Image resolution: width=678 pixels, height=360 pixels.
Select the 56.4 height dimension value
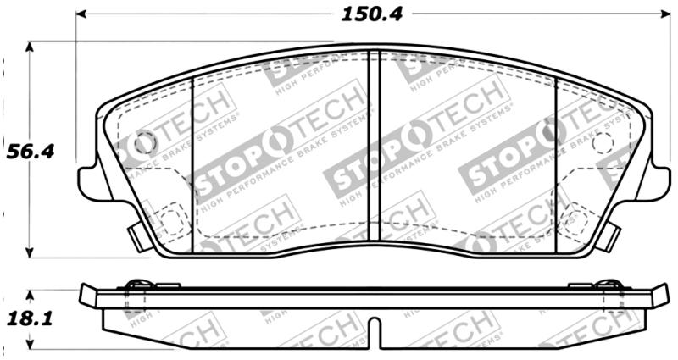pos(31,152)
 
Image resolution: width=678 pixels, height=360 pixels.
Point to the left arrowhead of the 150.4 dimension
pos(81,14)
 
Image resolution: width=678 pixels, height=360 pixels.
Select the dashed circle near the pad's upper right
pos(603,143)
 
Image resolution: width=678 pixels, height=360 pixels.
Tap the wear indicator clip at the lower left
pos(137,234)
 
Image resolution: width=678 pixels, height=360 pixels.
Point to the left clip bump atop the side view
pos(136,284)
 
